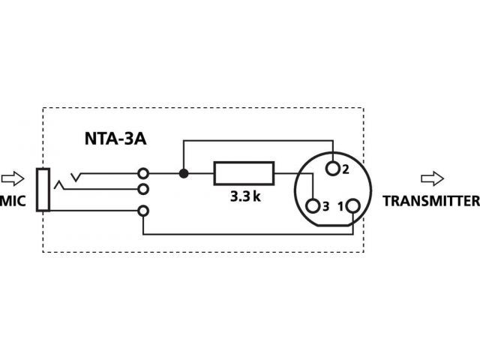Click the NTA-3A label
[x=115, y=139]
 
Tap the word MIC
[x=13, y=201]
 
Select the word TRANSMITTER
[x=431, y=201]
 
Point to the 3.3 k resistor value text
[x=245, y=196]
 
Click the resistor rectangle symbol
[x=244, y=173]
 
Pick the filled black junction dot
[x=183, y=173]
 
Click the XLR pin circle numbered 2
[x=333, y=168]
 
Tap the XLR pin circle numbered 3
[x=313, y=206]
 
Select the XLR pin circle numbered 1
[x=353, y=205]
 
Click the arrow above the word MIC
[x=13, y=178]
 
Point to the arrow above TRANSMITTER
[x=432, y=178]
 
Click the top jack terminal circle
[x=143, y=173]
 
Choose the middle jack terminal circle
[x=143, y=189]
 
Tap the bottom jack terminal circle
[x=143, y=211]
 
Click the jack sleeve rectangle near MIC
[x=43, y=190]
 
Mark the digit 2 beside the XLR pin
[x=346, y=169]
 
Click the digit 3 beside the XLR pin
[x=325, y=207]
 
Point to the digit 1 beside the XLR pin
[x=340, y=207]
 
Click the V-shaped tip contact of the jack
[x=76, y=177]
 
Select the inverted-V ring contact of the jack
[x=59, y=185]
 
